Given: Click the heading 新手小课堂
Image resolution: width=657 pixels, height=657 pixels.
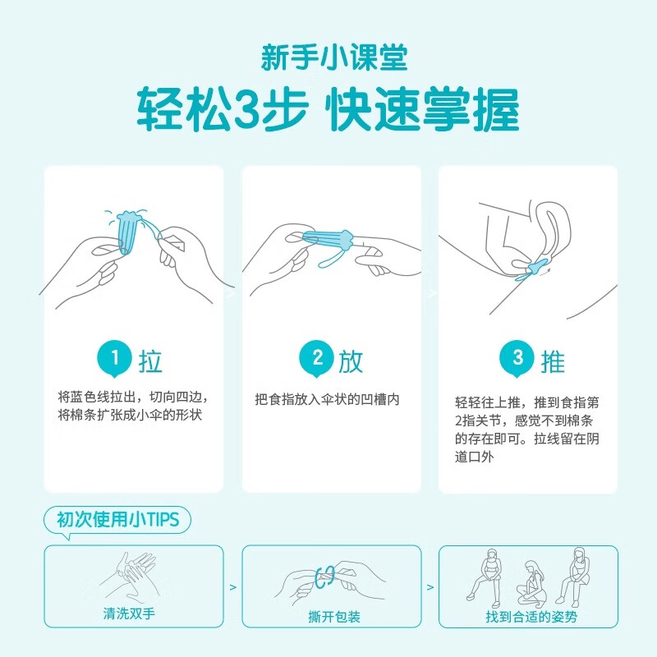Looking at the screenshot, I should coord(329,58).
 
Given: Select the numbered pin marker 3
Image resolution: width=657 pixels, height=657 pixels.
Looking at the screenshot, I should coord(517,358).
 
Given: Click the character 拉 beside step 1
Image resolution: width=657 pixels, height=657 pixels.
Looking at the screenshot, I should coord(150,361).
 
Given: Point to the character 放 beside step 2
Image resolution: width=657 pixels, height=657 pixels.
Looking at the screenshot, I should coord(349,361).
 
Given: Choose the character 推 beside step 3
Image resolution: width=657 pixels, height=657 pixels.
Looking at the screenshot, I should coord(552,361).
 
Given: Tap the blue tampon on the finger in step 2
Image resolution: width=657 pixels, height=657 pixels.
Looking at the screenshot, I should coord(327,241).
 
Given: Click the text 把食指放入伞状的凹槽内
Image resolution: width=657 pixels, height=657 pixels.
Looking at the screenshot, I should coord(327,400).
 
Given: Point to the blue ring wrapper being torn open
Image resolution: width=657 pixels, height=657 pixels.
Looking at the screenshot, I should coord(326,576).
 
